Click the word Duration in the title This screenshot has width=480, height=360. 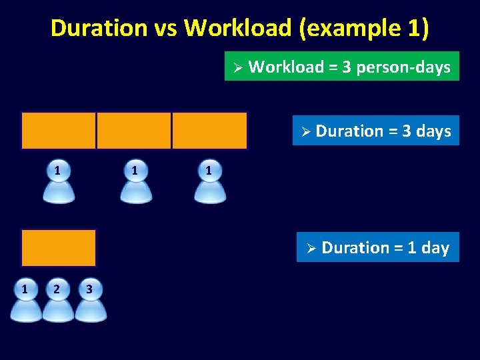(89, 28)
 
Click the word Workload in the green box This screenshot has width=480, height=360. (285, 67)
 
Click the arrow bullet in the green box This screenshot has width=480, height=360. (236, 67)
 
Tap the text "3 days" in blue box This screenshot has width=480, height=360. (427, 131)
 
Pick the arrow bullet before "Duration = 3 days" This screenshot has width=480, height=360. (305, 132)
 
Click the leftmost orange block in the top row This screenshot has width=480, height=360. (59, 130)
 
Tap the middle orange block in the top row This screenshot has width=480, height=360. (134, 130)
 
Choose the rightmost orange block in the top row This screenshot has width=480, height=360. (209, 130)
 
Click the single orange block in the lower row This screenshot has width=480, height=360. (59, 247)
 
